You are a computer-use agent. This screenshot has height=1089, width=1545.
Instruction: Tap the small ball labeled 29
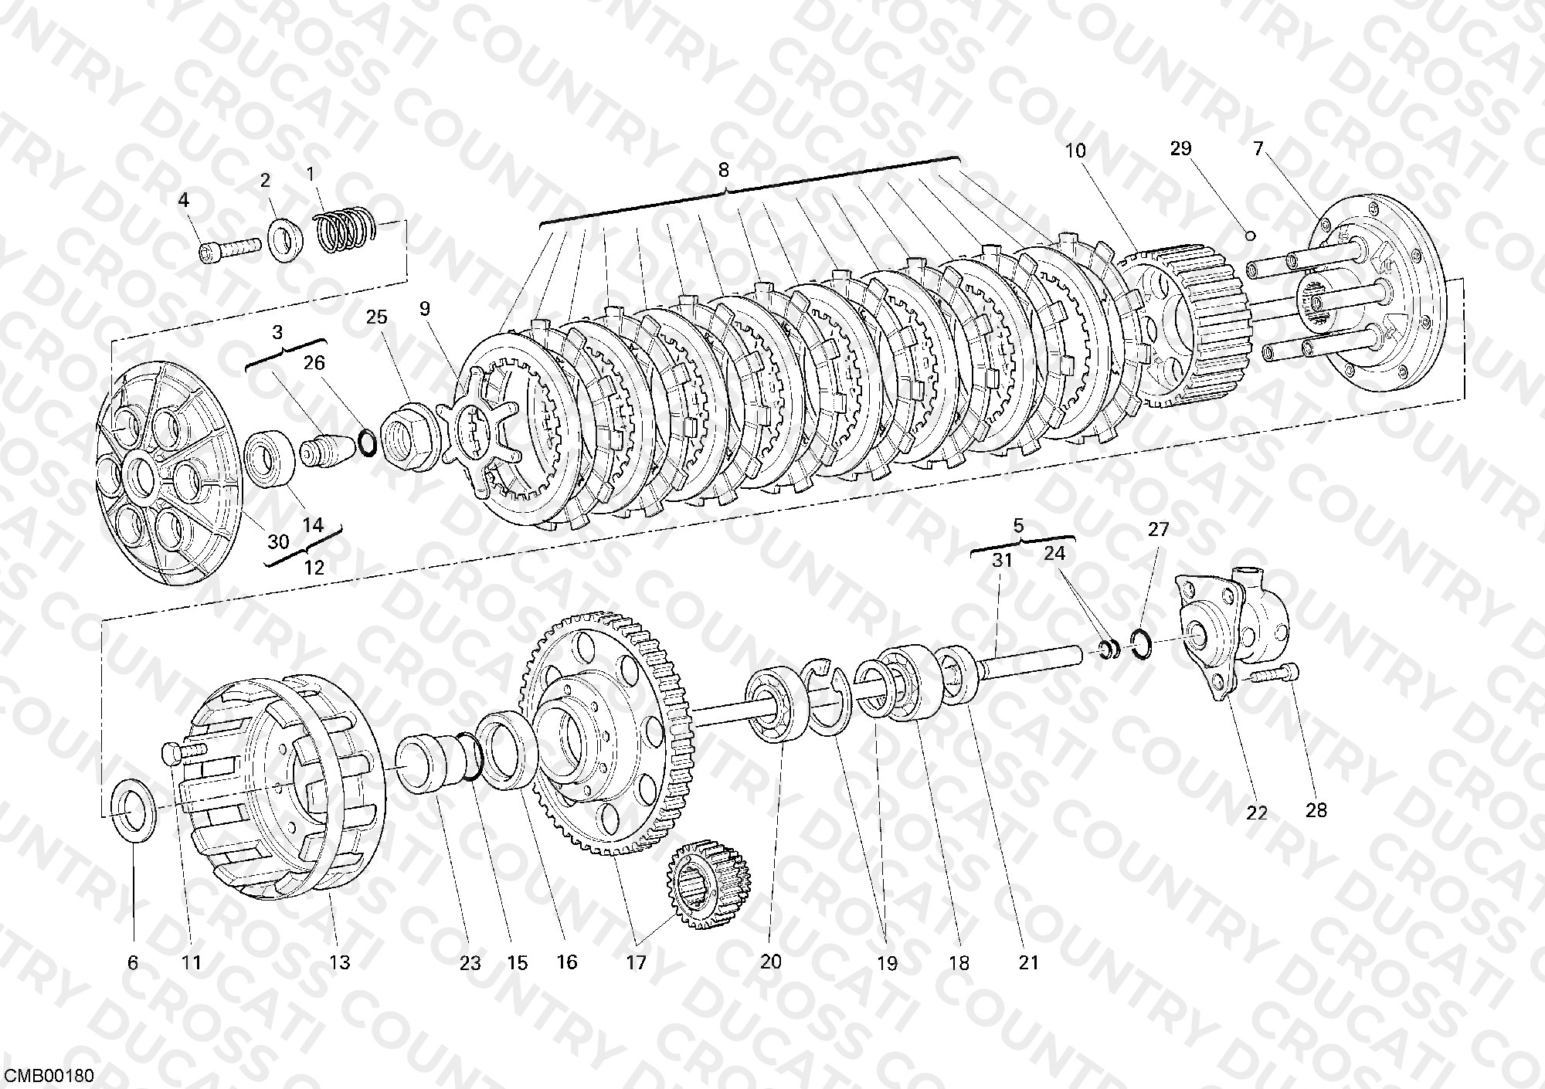tap(1251, 236)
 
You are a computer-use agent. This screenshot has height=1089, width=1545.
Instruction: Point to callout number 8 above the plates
tap(723, 169)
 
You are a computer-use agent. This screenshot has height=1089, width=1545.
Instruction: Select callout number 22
tap(1257, 813)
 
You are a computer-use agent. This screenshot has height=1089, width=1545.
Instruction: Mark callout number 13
tap(340, 962)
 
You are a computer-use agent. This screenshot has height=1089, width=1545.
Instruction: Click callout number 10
tap(1075, 151)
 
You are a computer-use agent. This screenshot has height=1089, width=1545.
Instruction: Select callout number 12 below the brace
tap(314, 566)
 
